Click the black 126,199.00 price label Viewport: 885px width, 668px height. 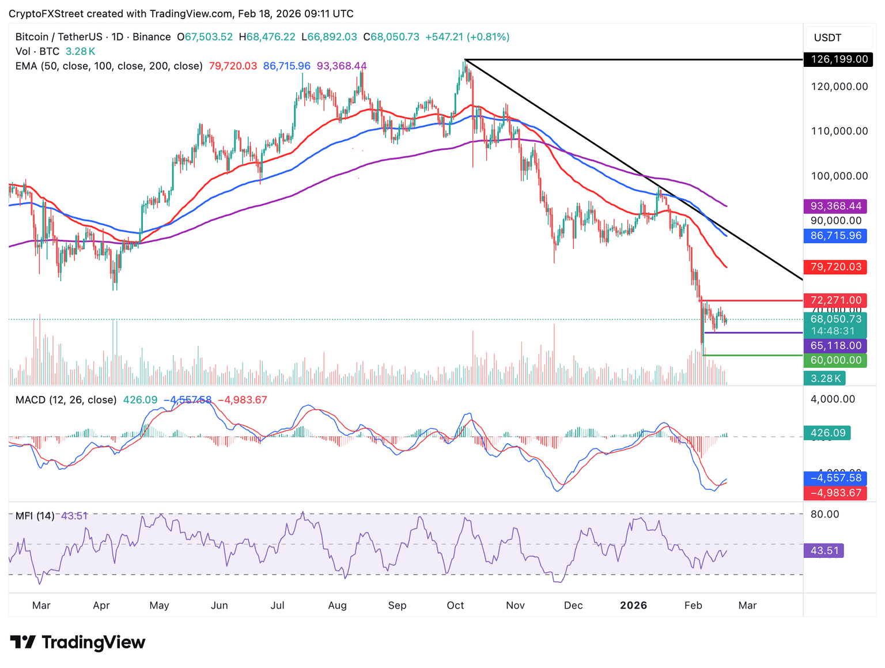(838, 59)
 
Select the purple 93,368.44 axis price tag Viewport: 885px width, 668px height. (835, 206)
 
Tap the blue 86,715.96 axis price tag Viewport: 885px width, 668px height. (835, 236)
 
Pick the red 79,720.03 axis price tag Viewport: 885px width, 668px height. (835, 267)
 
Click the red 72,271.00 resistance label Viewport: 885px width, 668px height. (835, 300)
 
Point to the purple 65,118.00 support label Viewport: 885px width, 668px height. (835, 346)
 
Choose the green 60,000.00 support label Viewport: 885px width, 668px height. (835, 360)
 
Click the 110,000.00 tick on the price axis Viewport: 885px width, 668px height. (839, 131)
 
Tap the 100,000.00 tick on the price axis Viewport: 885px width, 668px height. (839, 176)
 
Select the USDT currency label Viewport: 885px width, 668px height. (827, 38)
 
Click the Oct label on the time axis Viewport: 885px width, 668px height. (455, 605)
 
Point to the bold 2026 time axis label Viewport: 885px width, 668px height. (633, 605)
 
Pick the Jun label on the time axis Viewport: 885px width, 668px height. (220, 605)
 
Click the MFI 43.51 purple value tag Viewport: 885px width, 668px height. (824, 550)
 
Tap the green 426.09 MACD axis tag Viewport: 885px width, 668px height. (827, 433)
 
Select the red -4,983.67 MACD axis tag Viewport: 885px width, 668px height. (835, 493)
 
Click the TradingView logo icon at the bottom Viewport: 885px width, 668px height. (24, 642)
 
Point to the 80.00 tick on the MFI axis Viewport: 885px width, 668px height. (825, 514)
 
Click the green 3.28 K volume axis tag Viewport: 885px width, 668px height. (825, 378)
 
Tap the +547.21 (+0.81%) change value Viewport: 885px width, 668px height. (467, 37)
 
